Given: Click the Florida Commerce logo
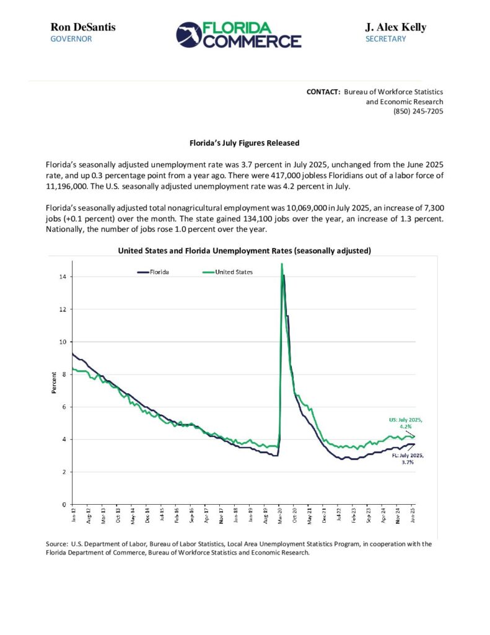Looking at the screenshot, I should [x=238, y=34].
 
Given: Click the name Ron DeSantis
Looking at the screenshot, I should [x=82, y=27].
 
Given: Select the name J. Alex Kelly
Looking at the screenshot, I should [x=395, y=27].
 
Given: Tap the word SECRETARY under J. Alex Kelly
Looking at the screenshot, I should [x=385, y=39].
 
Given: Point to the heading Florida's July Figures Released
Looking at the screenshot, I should [x=244, y=143].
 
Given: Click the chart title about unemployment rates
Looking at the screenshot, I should [x=244, y=251].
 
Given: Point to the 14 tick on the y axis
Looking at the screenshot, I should [x=63, y=277].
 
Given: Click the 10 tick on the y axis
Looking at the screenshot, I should [x=63, y=342].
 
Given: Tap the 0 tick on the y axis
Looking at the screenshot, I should [x=64, y=504].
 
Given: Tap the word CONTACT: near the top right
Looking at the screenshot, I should [x=323, y=92].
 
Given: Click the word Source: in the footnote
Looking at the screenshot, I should [x=57, y=544].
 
